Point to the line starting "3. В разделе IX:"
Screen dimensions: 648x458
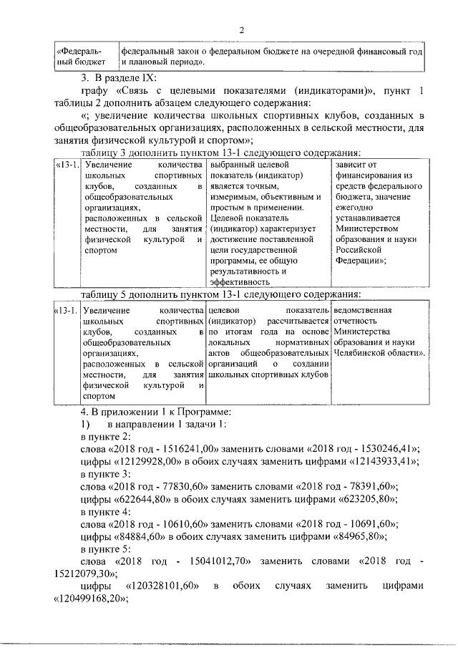click(x=118, y=77)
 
